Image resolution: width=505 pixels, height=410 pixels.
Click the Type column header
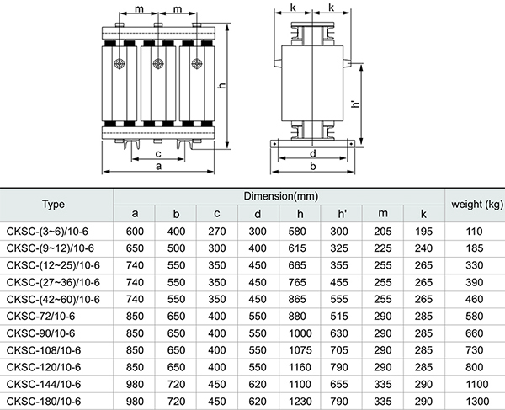coord(54,203)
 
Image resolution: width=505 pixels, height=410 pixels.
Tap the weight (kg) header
coord(477,203)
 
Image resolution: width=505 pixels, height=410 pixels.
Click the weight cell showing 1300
coord(477,400)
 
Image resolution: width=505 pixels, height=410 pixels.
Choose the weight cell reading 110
coord(477,231)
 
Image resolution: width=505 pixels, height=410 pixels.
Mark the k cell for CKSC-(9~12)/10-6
coord(425,248)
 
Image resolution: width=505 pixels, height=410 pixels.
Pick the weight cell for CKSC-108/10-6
coord(477,349)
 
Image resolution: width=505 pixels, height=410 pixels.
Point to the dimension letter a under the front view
coord(160,167)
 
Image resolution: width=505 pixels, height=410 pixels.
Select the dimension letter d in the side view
coord(312,153)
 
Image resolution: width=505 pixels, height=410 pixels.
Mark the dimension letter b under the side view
coord(312,167)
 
